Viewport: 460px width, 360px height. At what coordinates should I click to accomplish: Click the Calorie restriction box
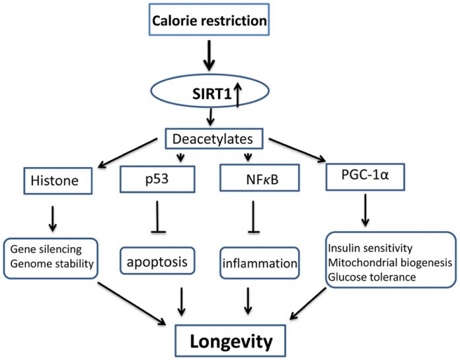tap(210, 20)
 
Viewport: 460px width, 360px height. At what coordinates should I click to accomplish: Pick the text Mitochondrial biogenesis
tap(389, 262)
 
